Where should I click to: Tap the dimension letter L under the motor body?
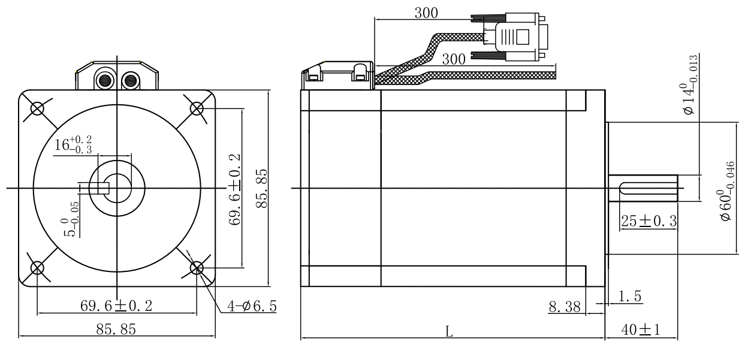[x=449, y=332]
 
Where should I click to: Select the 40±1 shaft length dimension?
[x=640, y=331]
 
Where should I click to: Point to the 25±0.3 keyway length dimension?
[x=648, y=221]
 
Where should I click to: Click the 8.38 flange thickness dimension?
[x=564, y=307]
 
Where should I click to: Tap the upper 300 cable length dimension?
[x=426, y=12]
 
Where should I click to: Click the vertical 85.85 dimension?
[x=260, y=187]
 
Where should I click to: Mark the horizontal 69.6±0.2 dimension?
[x=116, y=306]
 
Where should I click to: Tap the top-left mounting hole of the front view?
[x=37, y=108]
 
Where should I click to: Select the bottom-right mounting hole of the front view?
[x=197, y=267]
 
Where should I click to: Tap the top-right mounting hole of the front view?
[x=197, y=108]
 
